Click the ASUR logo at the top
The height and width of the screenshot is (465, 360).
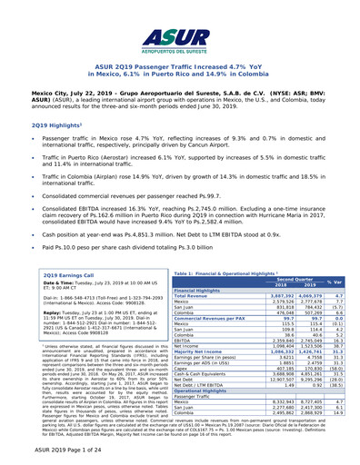(180, 35)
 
